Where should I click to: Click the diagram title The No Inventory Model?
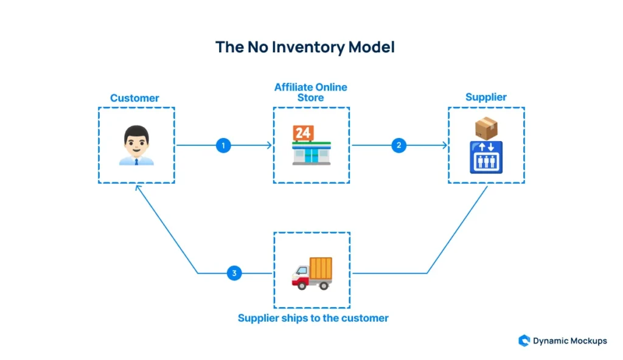pyautogui.click(x=305, y=47)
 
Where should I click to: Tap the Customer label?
pyautogui.click(x=134, y=98)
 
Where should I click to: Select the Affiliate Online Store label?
pyautogui.click(x=311, y=92)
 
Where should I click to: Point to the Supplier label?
pyautogui.click(x=486, y=97)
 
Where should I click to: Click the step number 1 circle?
pyautogui.click(x=223, y=145)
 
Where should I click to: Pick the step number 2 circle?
pyautogui.click(x=399, y=145)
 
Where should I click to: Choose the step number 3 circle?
pyautogui.click(x=234, y=273)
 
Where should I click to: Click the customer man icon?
pyautogui.click(x=136, y=145)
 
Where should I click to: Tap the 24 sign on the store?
pyautogui.click(x=303, y=133)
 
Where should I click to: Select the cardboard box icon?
pyautogui.click(x=486, y=128)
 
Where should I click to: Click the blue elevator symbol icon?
pyautogui.click(x=486, y=157)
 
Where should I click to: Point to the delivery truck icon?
pyautogui.click(x=312, y=274)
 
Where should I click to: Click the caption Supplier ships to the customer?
pyautogui.click(x=313, y=318)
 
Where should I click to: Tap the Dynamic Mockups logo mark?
pyautogui.click(x=524, y=341)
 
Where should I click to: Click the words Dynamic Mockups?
pyautogui.click(x=569, y=341)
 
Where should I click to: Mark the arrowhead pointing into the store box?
pyautogui.click(x=270, y=145)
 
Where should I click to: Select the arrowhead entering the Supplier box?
pyautogui.click(x=445, y=145)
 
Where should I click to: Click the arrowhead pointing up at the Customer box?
pyautogui.click(x=137, y=187)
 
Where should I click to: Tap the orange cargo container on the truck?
pyautogui.click(x=321, y=268)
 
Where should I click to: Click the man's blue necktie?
pyautogui.click(x=136, y=162)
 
